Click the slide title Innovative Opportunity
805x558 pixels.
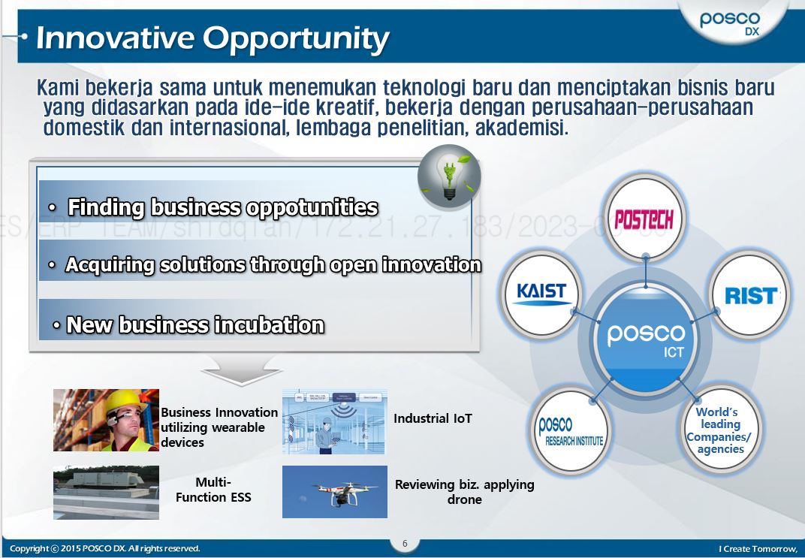213,38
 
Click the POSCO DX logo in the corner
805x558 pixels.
729,23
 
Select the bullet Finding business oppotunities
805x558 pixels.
222,207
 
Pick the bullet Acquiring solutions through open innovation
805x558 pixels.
273,264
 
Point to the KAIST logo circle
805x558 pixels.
541,294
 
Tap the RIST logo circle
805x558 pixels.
749,295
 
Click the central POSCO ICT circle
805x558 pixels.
645,337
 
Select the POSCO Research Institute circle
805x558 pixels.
571,431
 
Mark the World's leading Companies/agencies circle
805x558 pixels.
719,431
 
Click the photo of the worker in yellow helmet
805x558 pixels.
106,420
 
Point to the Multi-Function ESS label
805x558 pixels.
213,490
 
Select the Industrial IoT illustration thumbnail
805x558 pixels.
334,421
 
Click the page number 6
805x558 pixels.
405,544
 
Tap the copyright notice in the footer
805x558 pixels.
105,549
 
